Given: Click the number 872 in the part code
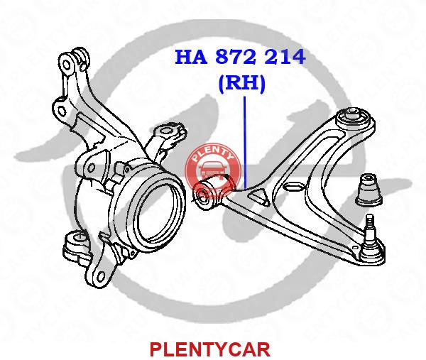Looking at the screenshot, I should click(x=243, y=57).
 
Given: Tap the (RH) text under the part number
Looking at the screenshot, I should click(x=241, y=84).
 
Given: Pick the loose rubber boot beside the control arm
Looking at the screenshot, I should click(x=369, y=187).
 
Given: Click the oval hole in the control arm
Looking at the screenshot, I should click(x=293, y=187).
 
